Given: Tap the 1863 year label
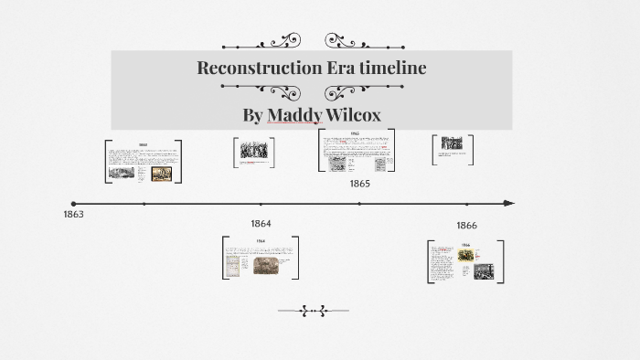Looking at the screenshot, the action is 74,214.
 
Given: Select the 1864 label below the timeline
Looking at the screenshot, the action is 261,223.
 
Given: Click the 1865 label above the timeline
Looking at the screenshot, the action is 359,184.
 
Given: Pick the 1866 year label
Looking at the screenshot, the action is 466,225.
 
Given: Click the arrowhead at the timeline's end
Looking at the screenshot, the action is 509,203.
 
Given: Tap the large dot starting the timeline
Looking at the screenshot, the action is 73,203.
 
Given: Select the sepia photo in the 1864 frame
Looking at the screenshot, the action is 266,265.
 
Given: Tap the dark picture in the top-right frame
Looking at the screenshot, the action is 452,143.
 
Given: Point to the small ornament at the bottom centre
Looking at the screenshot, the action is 313,312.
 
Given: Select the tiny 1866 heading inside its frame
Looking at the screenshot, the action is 465,245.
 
